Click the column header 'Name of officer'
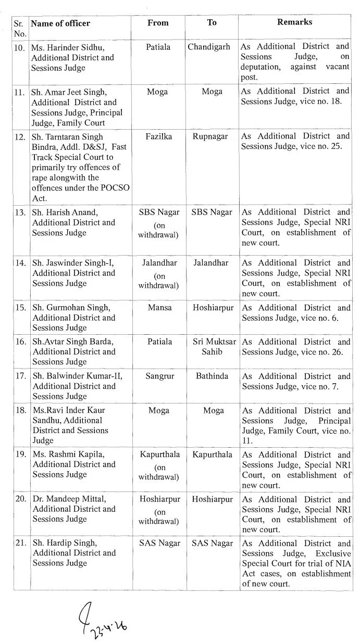pos(60,23)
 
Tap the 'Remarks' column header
pos(295,22)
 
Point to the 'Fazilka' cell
pos(158,136)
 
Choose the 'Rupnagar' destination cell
pos(213,136)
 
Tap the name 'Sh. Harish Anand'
pos(61,212)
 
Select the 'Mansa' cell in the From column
pos(158,308)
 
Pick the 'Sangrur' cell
pos(158,376)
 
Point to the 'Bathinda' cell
pos(213,376)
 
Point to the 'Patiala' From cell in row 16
pos(158,342)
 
